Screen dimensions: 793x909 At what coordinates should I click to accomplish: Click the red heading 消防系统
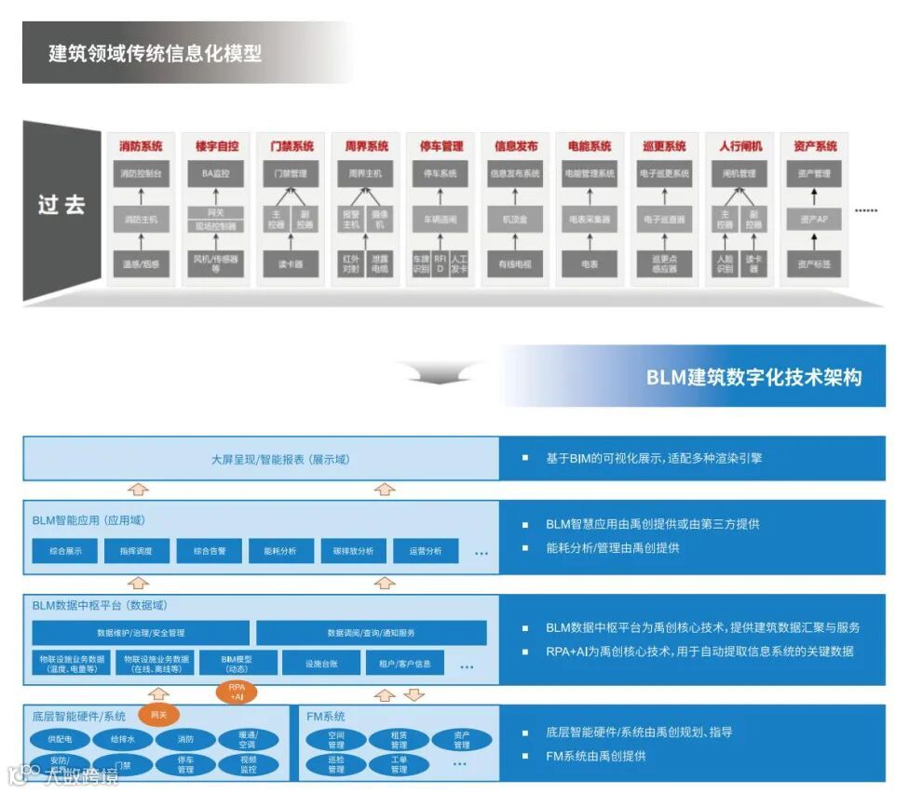(141, 146)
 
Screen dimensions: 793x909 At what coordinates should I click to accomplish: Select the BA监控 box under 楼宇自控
(215, 174)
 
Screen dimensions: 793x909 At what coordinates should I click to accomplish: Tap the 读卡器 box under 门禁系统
(290, 264)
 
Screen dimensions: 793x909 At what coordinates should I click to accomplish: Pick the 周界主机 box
(365, 174)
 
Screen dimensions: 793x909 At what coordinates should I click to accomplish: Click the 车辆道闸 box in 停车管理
(440, 220)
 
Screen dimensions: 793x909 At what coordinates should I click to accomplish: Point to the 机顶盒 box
(515, 220)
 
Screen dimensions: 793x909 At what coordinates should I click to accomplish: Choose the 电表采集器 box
(590, 220)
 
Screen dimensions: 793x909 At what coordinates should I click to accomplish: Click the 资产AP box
(814, 220)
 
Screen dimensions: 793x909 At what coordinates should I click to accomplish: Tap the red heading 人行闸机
(739, 146)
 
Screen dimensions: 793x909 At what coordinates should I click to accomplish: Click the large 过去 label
(61, 205)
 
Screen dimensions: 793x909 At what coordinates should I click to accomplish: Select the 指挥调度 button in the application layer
(137, 551)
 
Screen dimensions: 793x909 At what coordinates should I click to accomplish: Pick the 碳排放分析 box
(353, 551)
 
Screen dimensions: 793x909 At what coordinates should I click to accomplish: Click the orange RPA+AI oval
(236, 692)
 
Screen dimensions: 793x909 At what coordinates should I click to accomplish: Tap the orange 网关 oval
(158, 714)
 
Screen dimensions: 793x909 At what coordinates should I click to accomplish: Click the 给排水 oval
(124, 740)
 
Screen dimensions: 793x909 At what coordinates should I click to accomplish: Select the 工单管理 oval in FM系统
(399, 764)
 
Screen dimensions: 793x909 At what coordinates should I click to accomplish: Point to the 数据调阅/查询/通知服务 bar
(371, 633)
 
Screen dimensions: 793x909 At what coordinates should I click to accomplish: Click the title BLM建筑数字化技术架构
(753, 377)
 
